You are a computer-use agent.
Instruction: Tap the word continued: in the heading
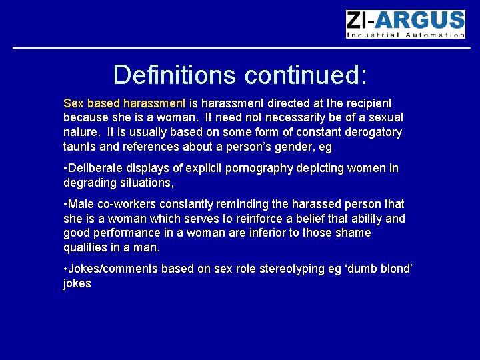point(306,75)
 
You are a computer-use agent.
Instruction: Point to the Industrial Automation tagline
point(405,35)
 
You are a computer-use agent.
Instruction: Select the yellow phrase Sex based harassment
point(125,103)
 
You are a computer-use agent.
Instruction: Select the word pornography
point(258,168)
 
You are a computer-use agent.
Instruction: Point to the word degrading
point(90,183)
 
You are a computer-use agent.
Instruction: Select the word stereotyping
point(289,269)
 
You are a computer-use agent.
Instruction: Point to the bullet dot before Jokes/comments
point(65,269)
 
